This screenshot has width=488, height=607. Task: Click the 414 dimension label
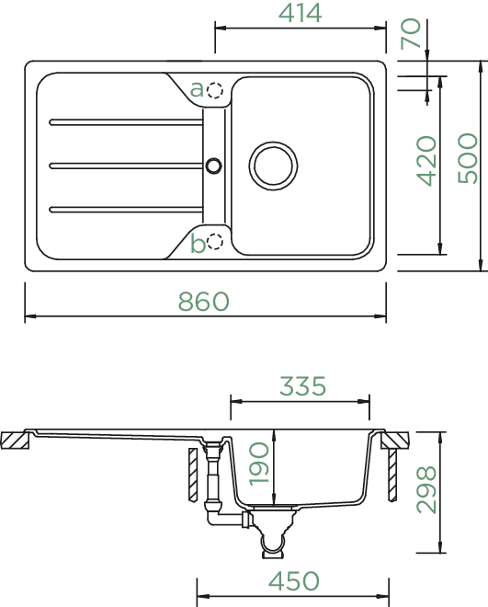coord(300,13)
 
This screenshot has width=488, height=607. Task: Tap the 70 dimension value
coord(411,34)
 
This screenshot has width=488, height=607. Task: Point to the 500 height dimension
coord(467,158)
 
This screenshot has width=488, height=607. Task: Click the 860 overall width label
coord(203,302)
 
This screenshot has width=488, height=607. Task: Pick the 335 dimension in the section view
coord(302,386)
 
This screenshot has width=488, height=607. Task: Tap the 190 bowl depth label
coord(258,464)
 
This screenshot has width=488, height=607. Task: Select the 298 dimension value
coord(426,489)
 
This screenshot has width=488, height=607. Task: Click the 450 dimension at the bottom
coord(294,581)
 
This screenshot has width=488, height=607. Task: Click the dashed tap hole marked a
coord(215,90)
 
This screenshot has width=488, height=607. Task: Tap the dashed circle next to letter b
coord(215,242)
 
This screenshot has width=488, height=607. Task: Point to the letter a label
coord(197,89)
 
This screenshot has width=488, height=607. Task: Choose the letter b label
coord(198,244)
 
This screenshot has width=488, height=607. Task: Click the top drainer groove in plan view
coord(126,122)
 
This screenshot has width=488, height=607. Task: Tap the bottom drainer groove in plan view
coord(126,210)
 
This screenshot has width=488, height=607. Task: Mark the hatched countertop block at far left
coord(15,441)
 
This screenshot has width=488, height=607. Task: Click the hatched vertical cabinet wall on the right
coord(392,475)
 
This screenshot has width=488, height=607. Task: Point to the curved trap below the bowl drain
coord(273,543)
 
